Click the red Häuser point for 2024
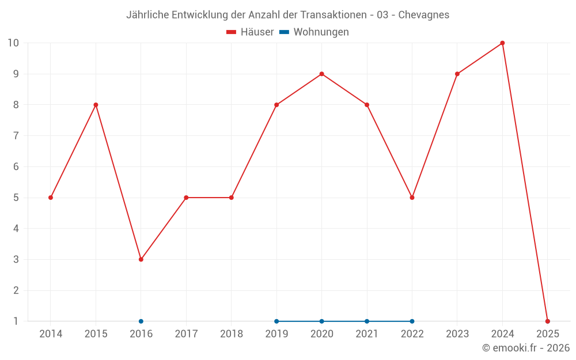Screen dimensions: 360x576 502,43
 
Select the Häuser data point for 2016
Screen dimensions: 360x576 141,259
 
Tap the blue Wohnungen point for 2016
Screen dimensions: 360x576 141,321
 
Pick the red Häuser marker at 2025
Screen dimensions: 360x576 548,321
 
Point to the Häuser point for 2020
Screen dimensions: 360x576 321,74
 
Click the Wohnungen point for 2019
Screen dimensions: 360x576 276,321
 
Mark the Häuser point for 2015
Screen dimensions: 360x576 96,105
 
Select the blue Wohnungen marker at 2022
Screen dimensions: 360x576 412,321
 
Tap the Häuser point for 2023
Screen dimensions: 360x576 457,74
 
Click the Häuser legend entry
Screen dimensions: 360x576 250,32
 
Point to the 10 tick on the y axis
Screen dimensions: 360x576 13,43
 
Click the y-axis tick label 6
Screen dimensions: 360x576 16,166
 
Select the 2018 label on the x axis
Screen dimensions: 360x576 232,334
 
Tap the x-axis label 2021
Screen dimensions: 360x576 367,334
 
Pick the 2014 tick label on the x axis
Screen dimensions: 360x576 51,334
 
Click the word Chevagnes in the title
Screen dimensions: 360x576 424,15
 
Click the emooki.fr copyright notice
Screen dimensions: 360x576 526,348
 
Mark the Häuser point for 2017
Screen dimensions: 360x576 186,198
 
